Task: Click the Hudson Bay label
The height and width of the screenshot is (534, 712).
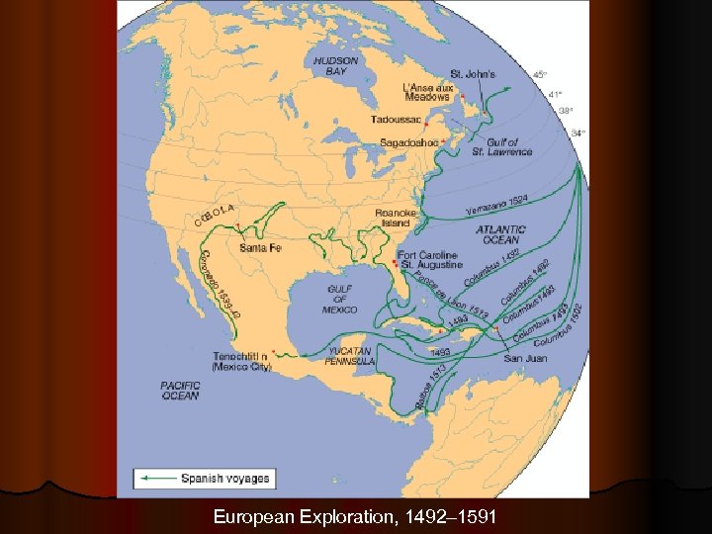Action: [x=335, y=65]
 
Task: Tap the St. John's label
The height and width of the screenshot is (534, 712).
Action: [x=472, y=74]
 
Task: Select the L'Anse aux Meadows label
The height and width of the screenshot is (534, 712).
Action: [x=427, y=92]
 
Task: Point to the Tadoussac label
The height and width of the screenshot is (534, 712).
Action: [x=396, y=120]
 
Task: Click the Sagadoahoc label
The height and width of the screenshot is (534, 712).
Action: [x=409, y=142]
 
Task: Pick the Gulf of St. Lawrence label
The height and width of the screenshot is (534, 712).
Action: [x=501, y=146]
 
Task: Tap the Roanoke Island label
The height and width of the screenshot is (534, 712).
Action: [x=394, y=218]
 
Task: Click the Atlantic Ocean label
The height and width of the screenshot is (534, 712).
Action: [x=500, y=234]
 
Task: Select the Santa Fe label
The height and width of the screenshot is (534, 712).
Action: [x=260, y=247]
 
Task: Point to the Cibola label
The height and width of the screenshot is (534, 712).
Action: [x=215, y=212]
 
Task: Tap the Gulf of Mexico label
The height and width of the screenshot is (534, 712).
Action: [x=339, y=298]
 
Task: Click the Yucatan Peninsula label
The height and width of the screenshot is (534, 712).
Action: [x=349, y=356]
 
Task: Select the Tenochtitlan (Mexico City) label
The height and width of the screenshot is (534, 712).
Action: [x=241, y=361]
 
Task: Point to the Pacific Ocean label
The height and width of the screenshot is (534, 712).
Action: [x=180, y=391]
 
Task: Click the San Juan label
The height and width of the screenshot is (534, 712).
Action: [x=526, y=358]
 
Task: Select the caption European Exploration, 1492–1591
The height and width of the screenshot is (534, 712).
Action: [x=355, y=517]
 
